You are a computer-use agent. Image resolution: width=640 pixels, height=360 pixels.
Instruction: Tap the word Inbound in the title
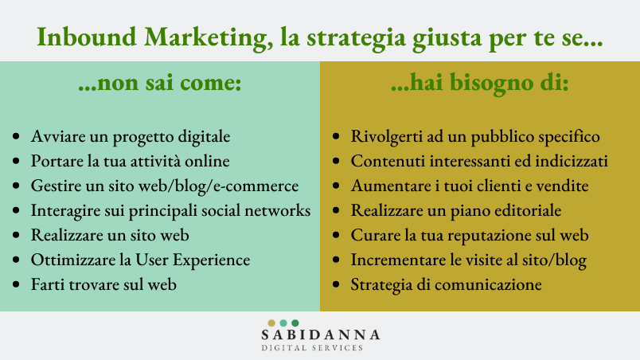click(87, 37)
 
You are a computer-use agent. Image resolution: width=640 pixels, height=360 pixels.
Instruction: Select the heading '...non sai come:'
click(160, 82)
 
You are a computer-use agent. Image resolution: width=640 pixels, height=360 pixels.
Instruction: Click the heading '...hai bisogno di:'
click(479, 83)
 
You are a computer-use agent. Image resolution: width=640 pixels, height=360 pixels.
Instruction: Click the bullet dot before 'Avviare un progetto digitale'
click(16, 136)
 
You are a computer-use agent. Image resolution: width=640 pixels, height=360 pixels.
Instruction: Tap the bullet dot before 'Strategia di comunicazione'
click(336, 284)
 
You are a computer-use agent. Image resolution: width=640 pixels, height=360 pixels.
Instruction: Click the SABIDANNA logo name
click(321, 335)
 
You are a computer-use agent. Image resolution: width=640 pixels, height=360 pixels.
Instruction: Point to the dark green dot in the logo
click(295, 323)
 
